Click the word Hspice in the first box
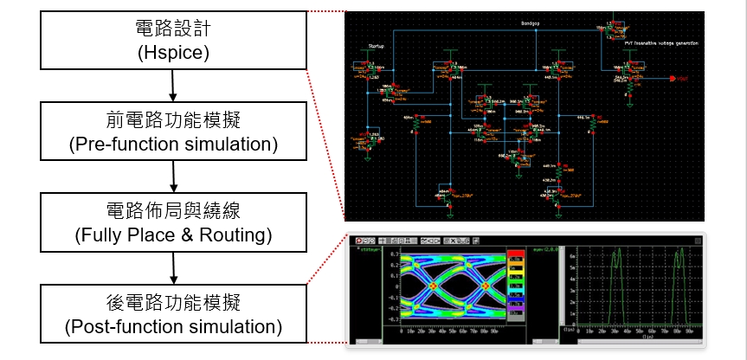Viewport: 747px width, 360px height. click(x=174, y=53)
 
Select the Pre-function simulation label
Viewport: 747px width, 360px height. click(x=174, y=144)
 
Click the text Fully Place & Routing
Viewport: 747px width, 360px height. click(x=174, y=234)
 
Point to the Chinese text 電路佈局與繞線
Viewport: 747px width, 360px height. click(x=174, y=211)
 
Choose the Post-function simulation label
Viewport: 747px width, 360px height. click(x=174, y=326)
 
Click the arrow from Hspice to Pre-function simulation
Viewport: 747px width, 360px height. click(x=174, y=87)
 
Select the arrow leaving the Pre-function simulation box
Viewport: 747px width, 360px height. click(x=174, y=177)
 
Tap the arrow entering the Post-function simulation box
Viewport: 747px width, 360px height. click(x=174, y=267)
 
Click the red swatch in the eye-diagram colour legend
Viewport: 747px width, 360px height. click(x=516, y=256)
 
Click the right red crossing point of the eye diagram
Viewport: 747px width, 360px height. click(x=486, y=285)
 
